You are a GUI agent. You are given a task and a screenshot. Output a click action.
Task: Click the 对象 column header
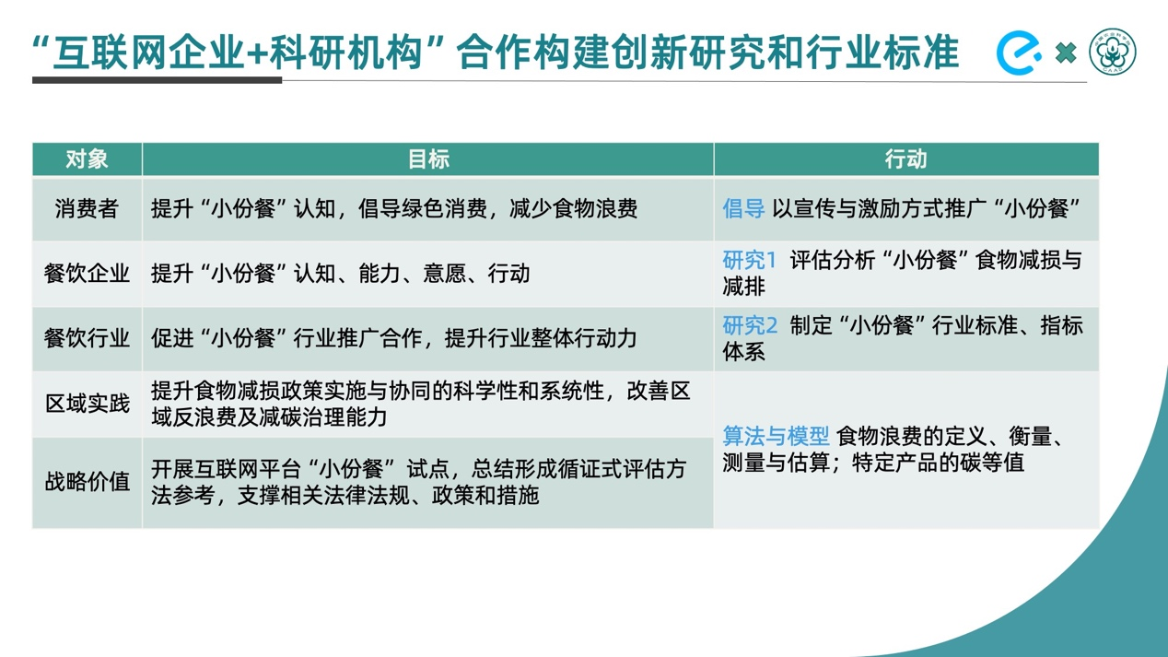pos(87,159)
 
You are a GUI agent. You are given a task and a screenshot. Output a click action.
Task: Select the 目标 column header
pos(428,159)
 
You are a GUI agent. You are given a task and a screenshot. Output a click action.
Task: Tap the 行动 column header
pos(905,159)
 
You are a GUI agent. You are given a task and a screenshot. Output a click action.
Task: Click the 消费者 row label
pos(87,208)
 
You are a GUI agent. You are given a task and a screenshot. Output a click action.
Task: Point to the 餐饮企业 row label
pos(87,274)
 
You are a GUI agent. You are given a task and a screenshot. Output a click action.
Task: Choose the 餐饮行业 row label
pos(87,338)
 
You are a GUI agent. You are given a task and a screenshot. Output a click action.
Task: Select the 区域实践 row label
pos(88,404)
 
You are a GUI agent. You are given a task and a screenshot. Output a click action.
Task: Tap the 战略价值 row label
pos(88,481)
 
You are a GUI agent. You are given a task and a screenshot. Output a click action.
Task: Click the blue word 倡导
pos(743,208)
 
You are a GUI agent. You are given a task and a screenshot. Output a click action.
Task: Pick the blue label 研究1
pos(750,260)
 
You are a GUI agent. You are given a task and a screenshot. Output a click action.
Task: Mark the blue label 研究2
pos(750,325)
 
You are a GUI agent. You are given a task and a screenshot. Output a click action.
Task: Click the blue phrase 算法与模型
pos(776,436)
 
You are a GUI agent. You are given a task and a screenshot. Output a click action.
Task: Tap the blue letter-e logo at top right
pos(1019,53)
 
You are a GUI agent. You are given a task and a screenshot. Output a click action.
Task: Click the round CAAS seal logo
pos(1113,52)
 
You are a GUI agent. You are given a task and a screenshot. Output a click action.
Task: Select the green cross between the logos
pos(1065,53)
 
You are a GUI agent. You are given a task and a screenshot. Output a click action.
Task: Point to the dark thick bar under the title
pos(157,80)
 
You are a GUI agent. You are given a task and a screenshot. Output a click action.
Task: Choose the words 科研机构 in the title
pos(345,53)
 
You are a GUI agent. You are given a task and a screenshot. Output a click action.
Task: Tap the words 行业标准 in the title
pos(882,53)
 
